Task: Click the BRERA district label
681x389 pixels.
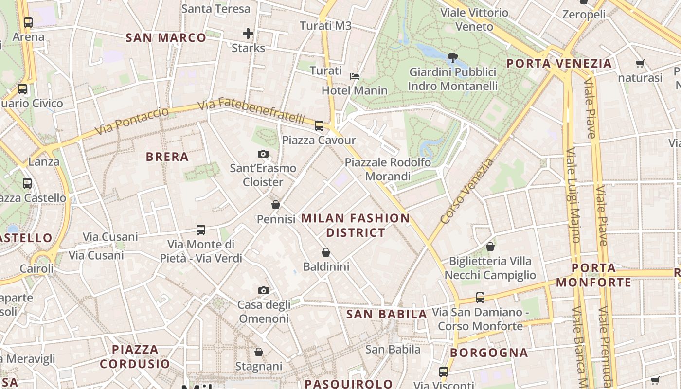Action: [x=167, y=157]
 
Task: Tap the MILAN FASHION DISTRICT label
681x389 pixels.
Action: [x=356, y=225]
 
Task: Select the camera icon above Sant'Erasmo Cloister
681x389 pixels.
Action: [x=263, y=154]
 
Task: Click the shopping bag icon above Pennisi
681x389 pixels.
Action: [x=276, y=205]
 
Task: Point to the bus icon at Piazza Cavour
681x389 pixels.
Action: [x=319, y=126]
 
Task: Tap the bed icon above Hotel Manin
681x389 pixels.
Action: [x=355, y=76]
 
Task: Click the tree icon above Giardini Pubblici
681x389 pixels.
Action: [x=453, y=58]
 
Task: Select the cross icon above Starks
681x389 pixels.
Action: [x=248, y=34]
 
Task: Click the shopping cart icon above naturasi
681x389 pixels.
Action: [x=640, y=64]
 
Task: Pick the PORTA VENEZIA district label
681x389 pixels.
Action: [x=559, y=63]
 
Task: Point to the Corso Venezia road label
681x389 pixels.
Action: [x=467, y=191]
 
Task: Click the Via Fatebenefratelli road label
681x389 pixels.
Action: [x=252, y=110]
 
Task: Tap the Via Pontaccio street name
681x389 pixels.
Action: [x=132, y=122]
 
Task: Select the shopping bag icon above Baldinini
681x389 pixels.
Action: [x=326, y=253]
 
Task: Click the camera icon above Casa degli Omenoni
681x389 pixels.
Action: [x=263, y=291]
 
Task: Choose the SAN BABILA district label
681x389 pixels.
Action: [x=387, y=314]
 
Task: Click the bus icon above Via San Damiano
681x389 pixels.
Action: [x=480, y=298]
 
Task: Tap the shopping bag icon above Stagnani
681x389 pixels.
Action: [x=259, y=352]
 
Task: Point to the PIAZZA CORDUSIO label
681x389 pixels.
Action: [x=135, y=356]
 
